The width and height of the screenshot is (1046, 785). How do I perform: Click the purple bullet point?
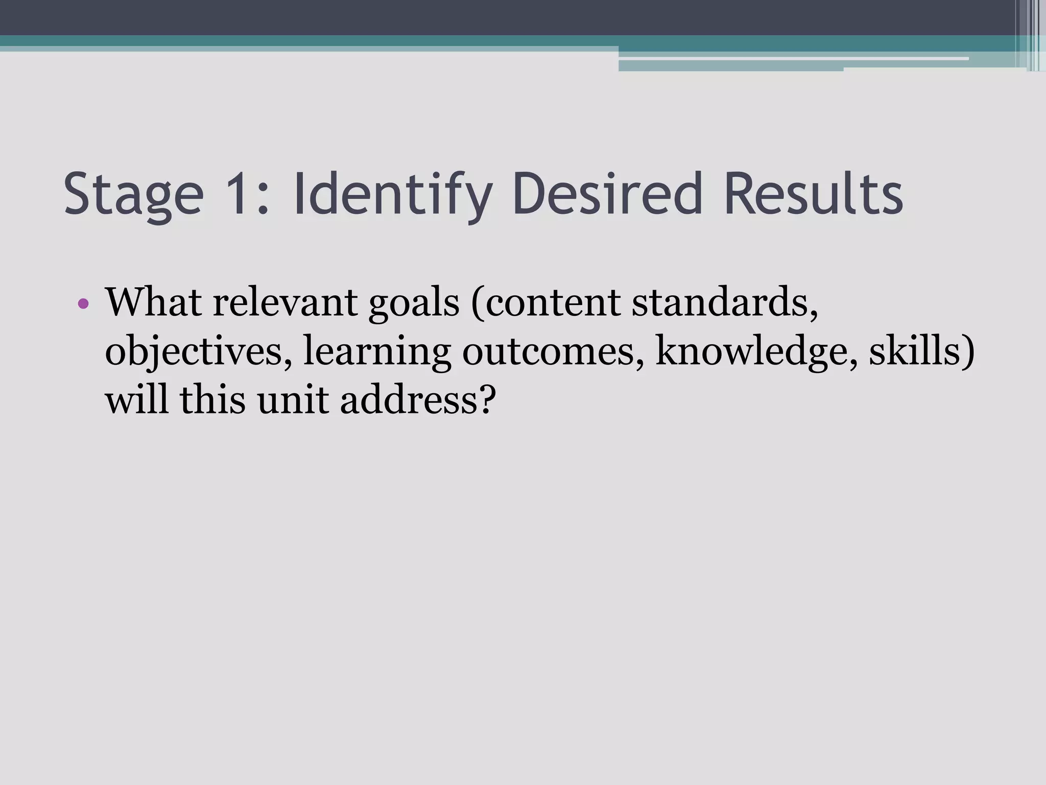point(84,305)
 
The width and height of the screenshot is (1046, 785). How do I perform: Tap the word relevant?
point(286,303)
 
